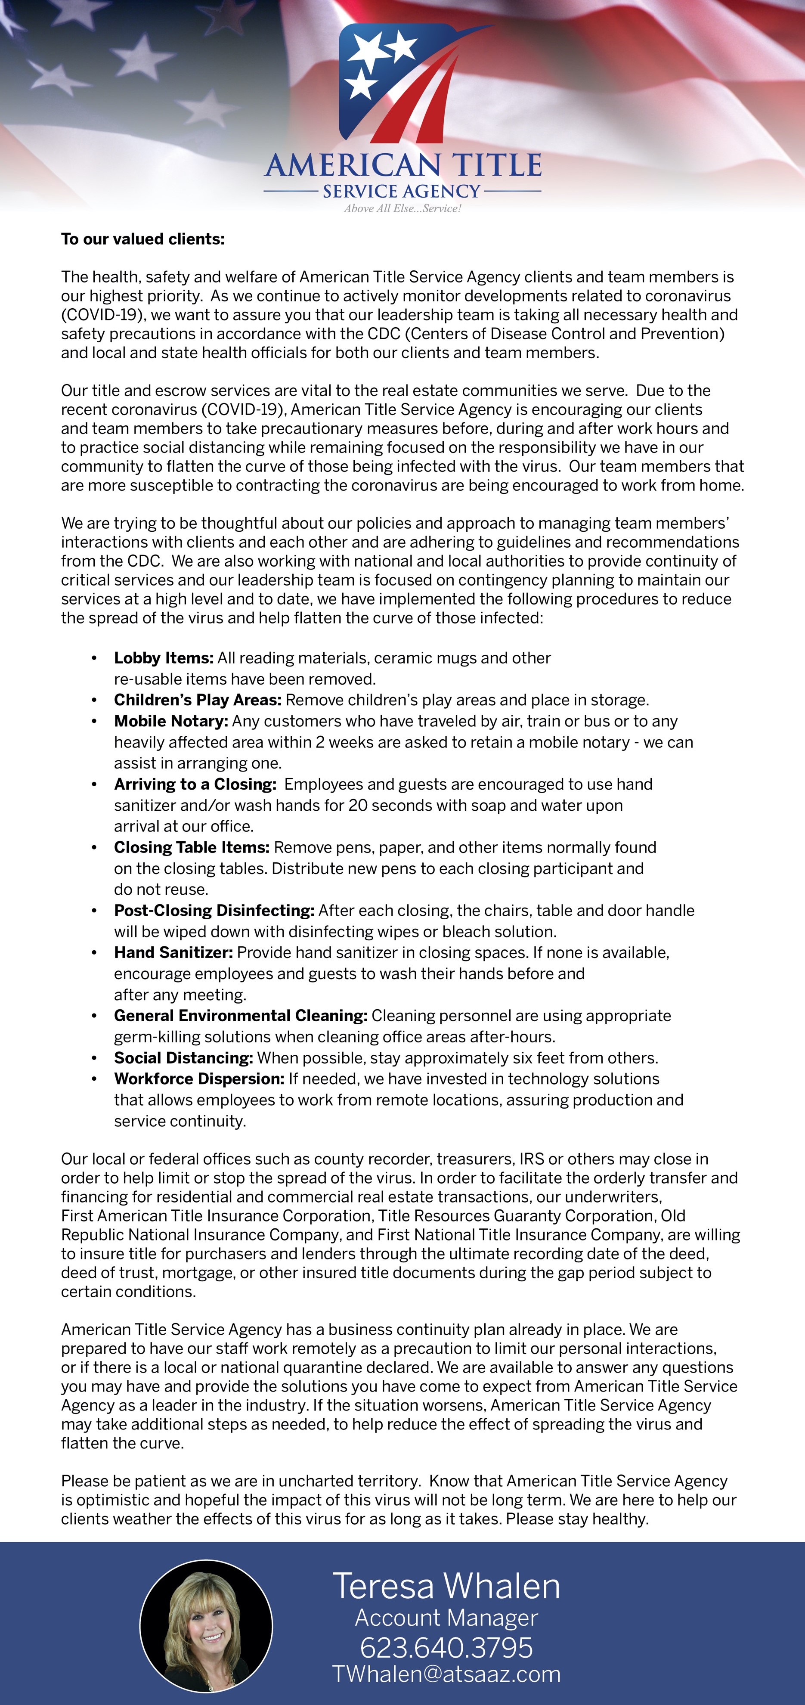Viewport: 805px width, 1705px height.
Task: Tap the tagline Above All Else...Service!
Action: [x=402, y=208]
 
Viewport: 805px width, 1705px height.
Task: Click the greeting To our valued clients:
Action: [x=143, y=239]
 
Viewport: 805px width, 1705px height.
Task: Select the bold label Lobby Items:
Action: [x=164, y=658]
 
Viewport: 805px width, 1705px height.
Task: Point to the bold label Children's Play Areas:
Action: [x=197, y=700]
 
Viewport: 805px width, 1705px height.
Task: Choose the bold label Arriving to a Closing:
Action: [x=195, y=784]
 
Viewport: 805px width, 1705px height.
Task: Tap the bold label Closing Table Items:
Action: [x=191, y=847]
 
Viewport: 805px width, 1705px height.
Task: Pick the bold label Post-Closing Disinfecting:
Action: [x=214, y=911]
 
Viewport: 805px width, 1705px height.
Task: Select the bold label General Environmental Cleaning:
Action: [x=240, y=1016]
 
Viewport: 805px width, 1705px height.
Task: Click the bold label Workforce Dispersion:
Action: [x=198, y=1079]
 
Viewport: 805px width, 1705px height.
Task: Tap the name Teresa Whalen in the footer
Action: [x=446, y=1587]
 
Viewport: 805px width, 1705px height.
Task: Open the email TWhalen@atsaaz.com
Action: [x=446, y=1674]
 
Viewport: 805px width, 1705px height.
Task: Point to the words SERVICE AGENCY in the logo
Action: [x=402, y=191]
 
